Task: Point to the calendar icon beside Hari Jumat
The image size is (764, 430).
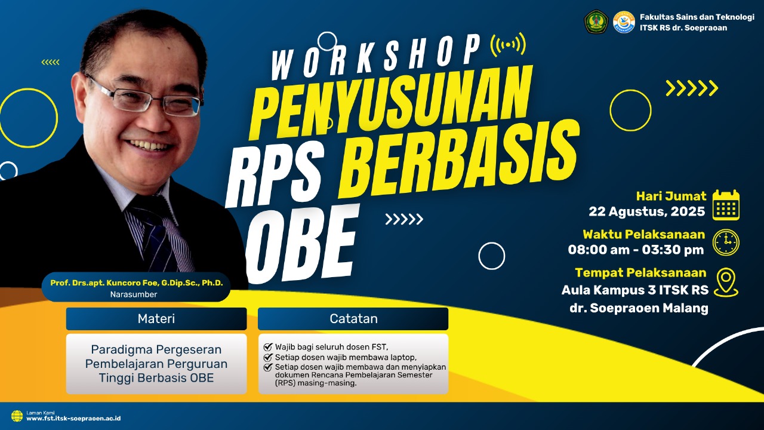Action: [726, 205]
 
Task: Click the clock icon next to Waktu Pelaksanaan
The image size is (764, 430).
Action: [726, 242]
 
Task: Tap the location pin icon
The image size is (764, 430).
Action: [726, 282]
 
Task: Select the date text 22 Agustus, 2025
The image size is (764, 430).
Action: [646, 211]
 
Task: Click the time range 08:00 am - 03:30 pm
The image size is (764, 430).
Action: [636, 250]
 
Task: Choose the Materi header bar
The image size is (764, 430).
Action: [156, 318]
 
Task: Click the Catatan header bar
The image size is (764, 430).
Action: [353, 318]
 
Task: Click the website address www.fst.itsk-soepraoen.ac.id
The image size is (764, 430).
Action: [73, 419]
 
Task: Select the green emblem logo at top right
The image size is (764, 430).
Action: [595, 21]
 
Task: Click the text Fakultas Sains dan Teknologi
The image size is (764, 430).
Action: [697, 17]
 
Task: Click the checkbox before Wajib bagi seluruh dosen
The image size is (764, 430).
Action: [268, 346]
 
